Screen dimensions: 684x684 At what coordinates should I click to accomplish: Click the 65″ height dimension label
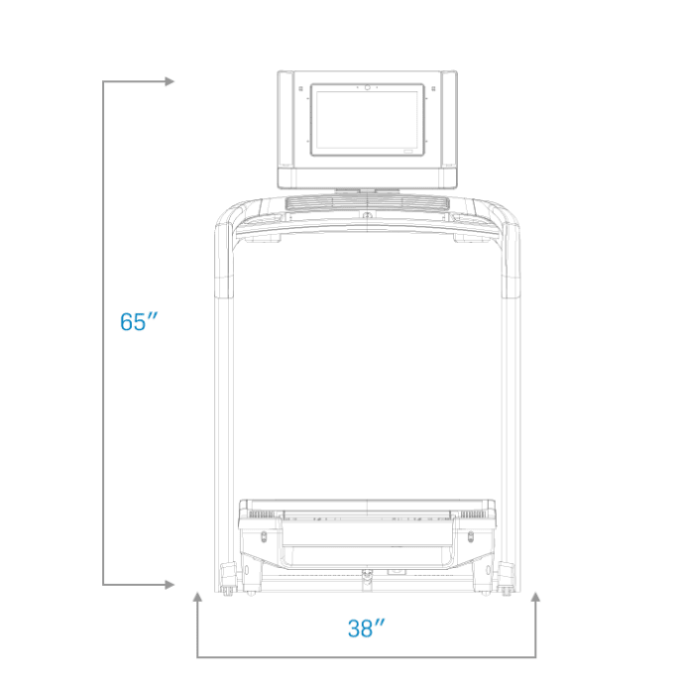[x=139, y=321]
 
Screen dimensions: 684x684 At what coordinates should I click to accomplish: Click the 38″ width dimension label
[x=367, y=628]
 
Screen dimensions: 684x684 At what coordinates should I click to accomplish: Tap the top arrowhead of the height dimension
[x=170, y=81]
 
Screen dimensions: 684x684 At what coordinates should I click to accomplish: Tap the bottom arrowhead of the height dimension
[x=170, y=585]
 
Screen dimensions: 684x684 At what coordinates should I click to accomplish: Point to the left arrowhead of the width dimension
[x=197, y=597]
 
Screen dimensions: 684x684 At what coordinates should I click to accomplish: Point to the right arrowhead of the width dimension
[x=535, y=597]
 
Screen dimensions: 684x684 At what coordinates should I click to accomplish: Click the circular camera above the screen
[x=368, y=87]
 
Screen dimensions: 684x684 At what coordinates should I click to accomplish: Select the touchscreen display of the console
[x=368, y=120]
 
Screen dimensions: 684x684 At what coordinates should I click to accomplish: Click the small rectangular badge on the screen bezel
[x=407, y=152]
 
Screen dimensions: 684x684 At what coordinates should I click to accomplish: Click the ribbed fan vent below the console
[x=368, y=203]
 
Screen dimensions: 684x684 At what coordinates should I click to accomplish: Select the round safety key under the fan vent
[x=368, y=215]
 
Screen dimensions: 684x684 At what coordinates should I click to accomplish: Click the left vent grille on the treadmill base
[x=261, y=514]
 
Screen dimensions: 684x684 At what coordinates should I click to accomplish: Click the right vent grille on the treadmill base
[x=473, y=514]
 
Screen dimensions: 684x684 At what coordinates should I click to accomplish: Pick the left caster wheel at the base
[x=227, y=591]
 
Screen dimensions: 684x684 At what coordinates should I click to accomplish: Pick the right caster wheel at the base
[x=507, y=591]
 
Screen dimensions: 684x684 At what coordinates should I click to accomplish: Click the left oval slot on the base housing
[x=264, y=536]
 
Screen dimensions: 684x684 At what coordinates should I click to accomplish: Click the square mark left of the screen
[x=300, y=89]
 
